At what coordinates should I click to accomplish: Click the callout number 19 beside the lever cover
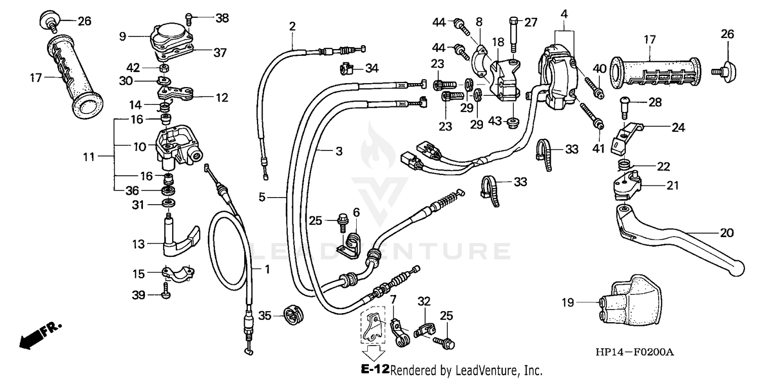[567, 303]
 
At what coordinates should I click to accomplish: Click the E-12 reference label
[375, 369]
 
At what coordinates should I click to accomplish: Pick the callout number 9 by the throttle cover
[122, 36]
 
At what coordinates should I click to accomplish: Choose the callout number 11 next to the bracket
[89, 157]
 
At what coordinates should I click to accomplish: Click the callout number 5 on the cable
[261, 197]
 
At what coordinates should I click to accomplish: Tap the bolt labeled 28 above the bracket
[624, 106]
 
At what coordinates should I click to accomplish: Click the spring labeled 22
[624, 165]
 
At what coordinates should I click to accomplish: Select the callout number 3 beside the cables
[338, 151]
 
